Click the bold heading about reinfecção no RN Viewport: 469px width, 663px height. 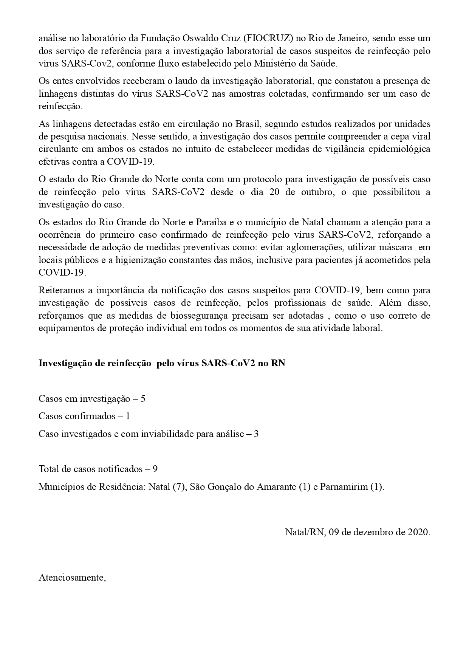click(162, 363)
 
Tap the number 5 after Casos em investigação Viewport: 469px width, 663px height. click(143, 398)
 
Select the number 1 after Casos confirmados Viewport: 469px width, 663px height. click(128, 416)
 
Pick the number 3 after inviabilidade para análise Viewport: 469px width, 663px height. click(256, 434)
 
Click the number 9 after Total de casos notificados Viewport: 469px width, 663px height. click(155, 469)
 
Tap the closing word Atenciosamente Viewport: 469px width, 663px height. click(72, 578)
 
